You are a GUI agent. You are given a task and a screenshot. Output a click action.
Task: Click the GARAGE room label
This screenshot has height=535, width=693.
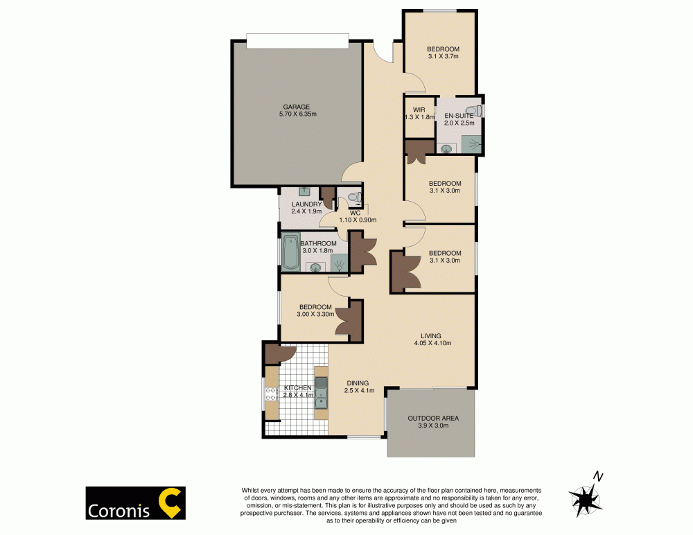[296, 107]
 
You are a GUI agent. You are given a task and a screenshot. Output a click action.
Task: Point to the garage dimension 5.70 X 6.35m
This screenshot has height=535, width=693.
[296, 114]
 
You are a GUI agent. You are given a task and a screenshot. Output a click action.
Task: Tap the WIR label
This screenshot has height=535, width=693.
[419, 109]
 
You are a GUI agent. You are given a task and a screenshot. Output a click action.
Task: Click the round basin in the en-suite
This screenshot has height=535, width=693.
[447, 148]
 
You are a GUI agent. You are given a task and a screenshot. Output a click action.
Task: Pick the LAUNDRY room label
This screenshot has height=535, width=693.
[306, 204]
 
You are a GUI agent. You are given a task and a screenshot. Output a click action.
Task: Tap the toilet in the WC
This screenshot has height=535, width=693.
[354, 198]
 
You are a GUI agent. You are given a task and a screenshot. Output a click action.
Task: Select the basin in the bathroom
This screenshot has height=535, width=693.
[316, 267]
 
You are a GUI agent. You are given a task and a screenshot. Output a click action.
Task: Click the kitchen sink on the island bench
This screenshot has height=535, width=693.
[321, 393]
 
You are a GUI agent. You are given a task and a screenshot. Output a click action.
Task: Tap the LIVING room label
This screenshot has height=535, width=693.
[432, 336]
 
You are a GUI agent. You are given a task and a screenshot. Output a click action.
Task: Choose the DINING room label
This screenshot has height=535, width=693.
[358, 383]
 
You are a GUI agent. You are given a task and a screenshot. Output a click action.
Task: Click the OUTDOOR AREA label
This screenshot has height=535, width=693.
[432, 419]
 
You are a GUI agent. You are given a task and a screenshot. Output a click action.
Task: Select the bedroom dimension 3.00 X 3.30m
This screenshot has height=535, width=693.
[316, 314]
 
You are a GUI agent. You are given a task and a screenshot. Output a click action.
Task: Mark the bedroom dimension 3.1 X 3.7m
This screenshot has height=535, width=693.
[444, 56]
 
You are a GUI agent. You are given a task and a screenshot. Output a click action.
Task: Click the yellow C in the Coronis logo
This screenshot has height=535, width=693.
[171, 503]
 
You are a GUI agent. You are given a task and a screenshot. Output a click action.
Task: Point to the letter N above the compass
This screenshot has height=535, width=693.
[597, 476]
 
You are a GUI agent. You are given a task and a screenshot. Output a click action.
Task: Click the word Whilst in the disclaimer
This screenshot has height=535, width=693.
[251, 489]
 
